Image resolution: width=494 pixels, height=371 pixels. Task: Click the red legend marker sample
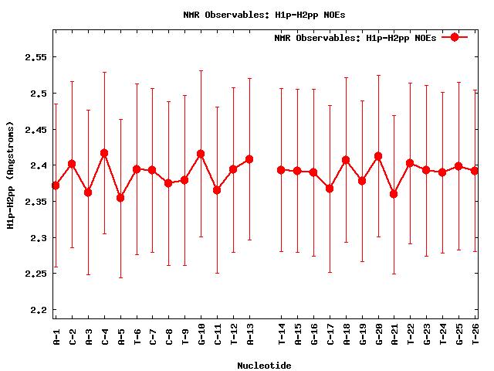[x=455, y=37]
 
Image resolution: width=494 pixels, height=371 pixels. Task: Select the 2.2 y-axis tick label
[x=36, y=310]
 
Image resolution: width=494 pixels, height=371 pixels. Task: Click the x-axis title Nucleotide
[x=264, y=366]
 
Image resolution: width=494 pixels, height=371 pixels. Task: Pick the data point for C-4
[x=104, y=153]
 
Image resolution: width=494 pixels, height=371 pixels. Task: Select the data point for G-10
[x=201, y=154]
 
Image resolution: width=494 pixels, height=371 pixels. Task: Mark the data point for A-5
[x=120, y=198]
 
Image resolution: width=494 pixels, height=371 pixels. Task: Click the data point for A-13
[x=249, y=159]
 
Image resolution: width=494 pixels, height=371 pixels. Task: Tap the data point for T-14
[x=282, y=170]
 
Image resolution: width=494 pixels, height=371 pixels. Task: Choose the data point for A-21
[x=394, y=194]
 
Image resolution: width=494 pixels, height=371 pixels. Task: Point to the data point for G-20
[x=378, y=156]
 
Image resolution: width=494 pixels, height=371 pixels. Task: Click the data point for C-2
[x=72, y=164]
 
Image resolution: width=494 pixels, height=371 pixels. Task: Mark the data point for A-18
[x=346, y=160]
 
